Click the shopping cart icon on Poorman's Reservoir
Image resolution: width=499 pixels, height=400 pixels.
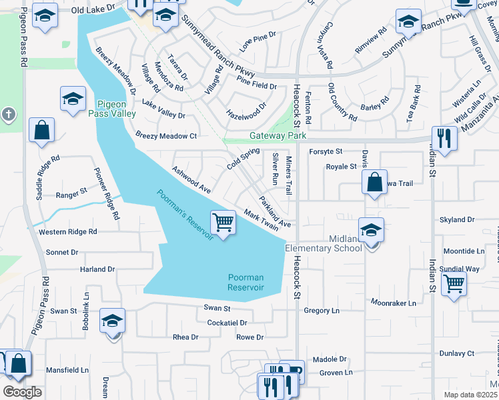point(223,221)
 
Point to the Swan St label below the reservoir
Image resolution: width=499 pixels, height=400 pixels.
point(217,309)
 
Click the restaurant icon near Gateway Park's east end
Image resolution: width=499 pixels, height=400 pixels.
point(442,138)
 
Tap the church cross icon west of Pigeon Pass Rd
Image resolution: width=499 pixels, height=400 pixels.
point(8,115)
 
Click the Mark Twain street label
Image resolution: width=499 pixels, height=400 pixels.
point(262,219)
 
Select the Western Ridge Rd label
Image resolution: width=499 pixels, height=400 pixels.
point(67,232)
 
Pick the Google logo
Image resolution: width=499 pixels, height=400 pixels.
point(21,392)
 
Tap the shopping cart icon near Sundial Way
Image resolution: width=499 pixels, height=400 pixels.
point(454,283)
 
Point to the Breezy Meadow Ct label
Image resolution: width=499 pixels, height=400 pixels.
point(166,135)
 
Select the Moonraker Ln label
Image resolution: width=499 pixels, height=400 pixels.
point(394,303)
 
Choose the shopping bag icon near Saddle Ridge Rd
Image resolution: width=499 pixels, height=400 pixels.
point(41,131)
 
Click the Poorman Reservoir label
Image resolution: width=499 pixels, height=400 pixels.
point(245,282)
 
